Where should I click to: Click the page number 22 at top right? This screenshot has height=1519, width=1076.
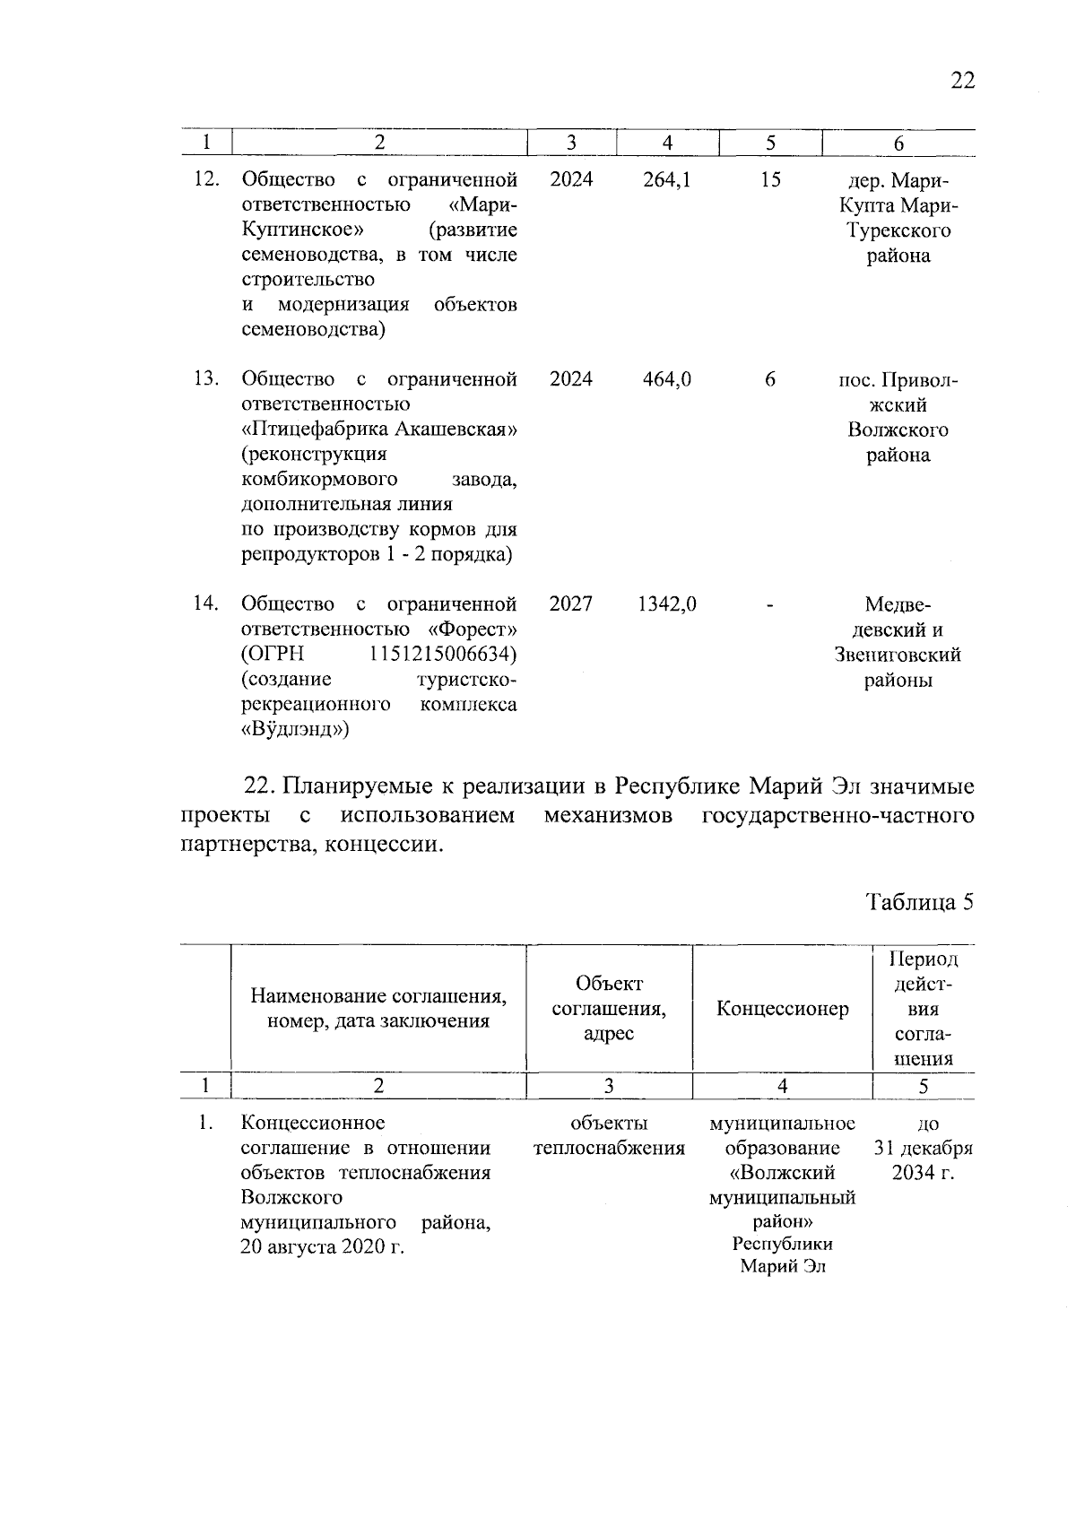961,80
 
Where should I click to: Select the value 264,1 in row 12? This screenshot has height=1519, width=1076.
667,179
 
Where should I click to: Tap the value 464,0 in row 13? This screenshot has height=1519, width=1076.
667,379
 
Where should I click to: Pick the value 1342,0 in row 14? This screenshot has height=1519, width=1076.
667,604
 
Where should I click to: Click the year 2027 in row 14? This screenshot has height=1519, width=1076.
570,604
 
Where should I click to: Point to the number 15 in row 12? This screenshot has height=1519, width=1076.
770,179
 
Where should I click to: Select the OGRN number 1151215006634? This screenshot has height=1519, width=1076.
443,655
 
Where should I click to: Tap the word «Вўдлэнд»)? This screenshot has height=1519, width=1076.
295,730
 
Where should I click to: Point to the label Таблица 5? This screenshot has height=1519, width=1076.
919,902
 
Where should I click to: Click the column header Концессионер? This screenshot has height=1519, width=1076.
782,1009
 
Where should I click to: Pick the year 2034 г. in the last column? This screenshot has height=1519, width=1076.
923,1174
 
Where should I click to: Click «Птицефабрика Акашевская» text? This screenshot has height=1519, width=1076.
379,430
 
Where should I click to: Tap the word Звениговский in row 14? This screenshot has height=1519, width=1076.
898,655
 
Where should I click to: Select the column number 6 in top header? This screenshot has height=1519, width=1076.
898,143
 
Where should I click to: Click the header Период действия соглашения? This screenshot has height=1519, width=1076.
923,1009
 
